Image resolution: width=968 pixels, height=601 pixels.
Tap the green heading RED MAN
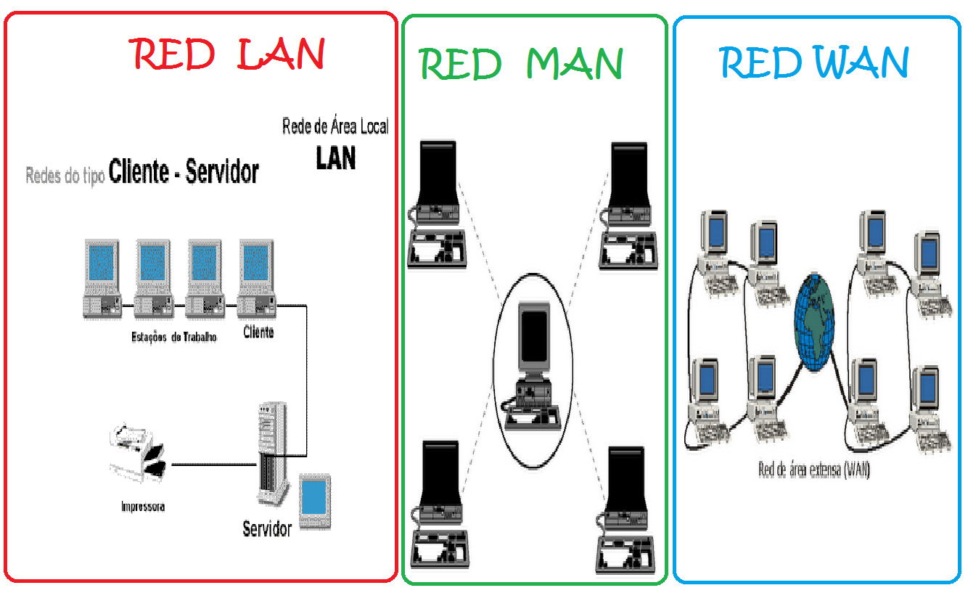point(521,64)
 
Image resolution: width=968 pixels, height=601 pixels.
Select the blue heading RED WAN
point(814,62)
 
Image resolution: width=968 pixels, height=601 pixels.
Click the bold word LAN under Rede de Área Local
point(336,158)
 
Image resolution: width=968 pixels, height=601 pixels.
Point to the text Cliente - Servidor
point(184,172)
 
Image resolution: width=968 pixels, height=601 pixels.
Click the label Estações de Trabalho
point(174,337)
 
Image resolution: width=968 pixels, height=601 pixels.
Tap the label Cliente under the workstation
point(258,333)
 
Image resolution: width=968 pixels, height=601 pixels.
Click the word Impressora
point(143,507)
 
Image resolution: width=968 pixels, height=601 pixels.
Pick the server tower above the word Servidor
point(271,454)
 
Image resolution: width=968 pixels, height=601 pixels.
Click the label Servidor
point(267,528)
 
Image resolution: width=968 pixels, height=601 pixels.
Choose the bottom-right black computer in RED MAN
point(627,508)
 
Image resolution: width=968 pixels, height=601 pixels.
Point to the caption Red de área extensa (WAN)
point(814,470)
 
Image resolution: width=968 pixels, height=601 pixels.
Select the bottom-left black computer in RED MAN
point(436,505)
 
